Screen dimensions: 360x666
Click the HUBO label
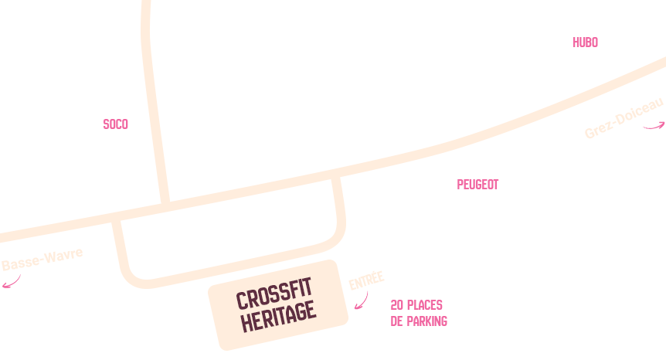585,42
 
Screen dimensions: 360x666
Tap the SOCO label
115,124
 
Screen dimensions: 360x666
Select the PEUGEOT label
477,185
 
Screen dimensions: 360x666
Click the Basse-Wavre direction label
42,259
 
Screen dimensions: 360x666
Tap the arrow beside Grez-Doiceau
654,126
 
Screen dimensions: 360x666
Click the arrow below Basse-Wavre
12,282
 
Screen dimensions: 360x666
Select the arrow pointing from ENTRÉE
361,301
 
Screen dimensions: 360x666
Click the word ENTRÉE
366,280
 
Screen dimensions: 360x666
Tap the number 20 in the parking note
397,305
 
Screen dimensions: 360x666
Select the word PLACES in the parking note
424,305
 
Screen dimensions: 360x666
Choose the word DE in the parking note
398,321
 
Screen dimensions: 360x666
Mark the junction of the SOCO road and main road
165,205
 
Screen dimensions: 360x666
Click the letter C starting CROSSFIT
241,301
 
